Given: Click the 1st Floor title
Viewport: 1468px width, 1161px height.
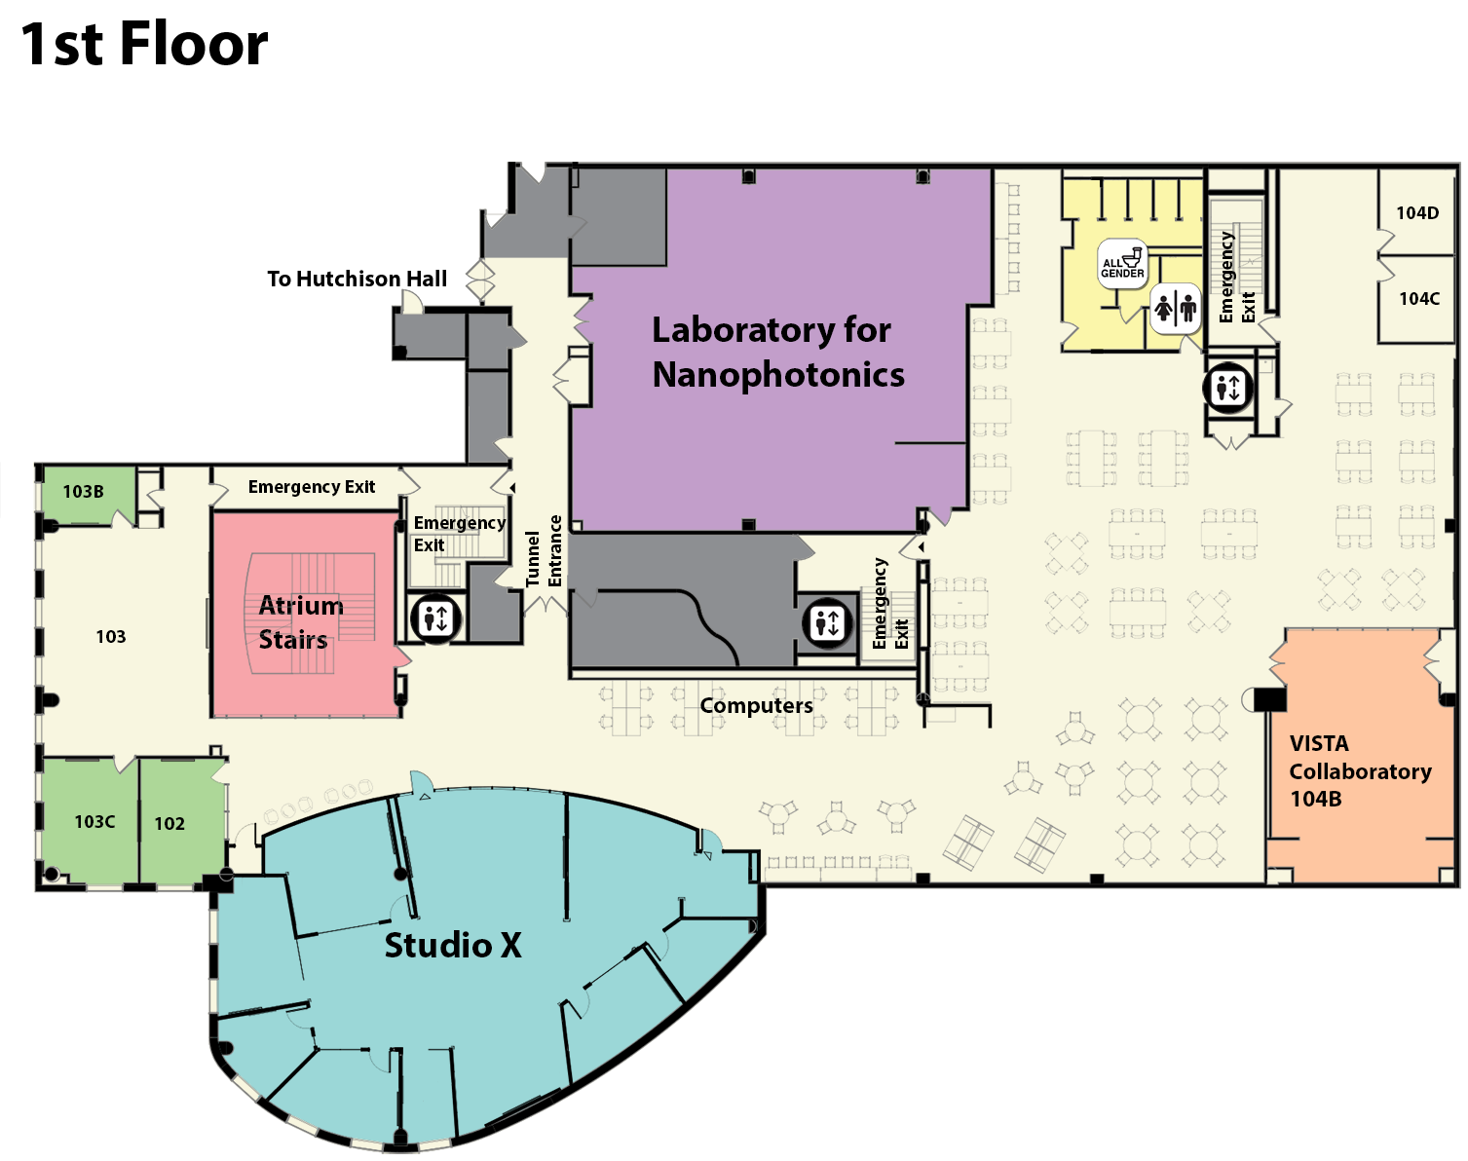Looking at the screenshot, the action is tap(144, 44).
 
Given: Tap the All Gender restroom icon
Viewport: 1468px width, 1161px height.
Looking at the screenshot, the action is tap(1122, 263).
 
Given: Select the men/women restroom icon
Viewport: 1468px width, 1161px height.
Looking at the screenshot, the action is tap(1176, 309).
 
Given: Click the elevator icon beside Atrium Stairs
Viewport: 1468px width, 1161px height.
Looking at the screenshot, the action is tap(435, 618).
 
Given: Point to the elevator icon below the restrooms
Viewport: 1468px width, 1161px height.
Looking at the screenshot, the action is tap(1228, 389).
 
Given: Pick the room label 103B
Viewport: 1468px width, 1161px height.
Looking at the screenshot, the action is tap(83, 491).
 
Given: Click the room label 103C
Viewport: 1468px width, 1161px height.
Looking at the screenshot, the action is tap(94, 821).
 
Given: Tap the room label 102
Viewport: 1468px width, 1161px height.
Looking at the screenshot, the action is tap(169, 823).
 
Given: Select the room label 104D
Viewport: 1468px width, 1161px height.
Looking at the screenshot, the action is tap(1417, 213).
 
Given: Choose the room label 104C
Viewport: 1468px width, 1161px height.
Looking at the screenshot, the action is tap(1419, 298).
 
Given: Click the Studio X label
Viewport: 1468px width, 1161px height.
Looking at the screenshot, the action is tap(453, 945).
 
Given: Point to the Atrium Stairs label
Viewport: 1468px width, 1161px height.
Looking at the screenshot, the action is tap(301, 622).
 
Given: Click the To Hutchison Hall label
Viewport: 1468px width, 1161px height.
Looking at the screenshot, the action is tap(357, 279).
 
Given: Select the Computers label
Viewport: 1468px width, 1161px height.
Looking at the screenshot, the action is tap(757, 705).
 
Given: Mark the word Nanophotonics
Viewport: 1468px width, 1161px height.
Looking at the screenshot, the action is tap(778, 374).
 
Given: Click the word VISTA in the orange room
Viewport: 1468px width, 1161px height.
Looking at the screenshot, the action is tap(1319, 743).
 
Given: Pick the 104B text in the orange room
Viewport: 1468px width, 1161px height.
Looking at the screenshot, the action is tap(1316, 798).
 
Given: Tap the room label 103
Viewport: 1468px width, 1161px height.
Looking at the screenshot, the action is tap(110, 636).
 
